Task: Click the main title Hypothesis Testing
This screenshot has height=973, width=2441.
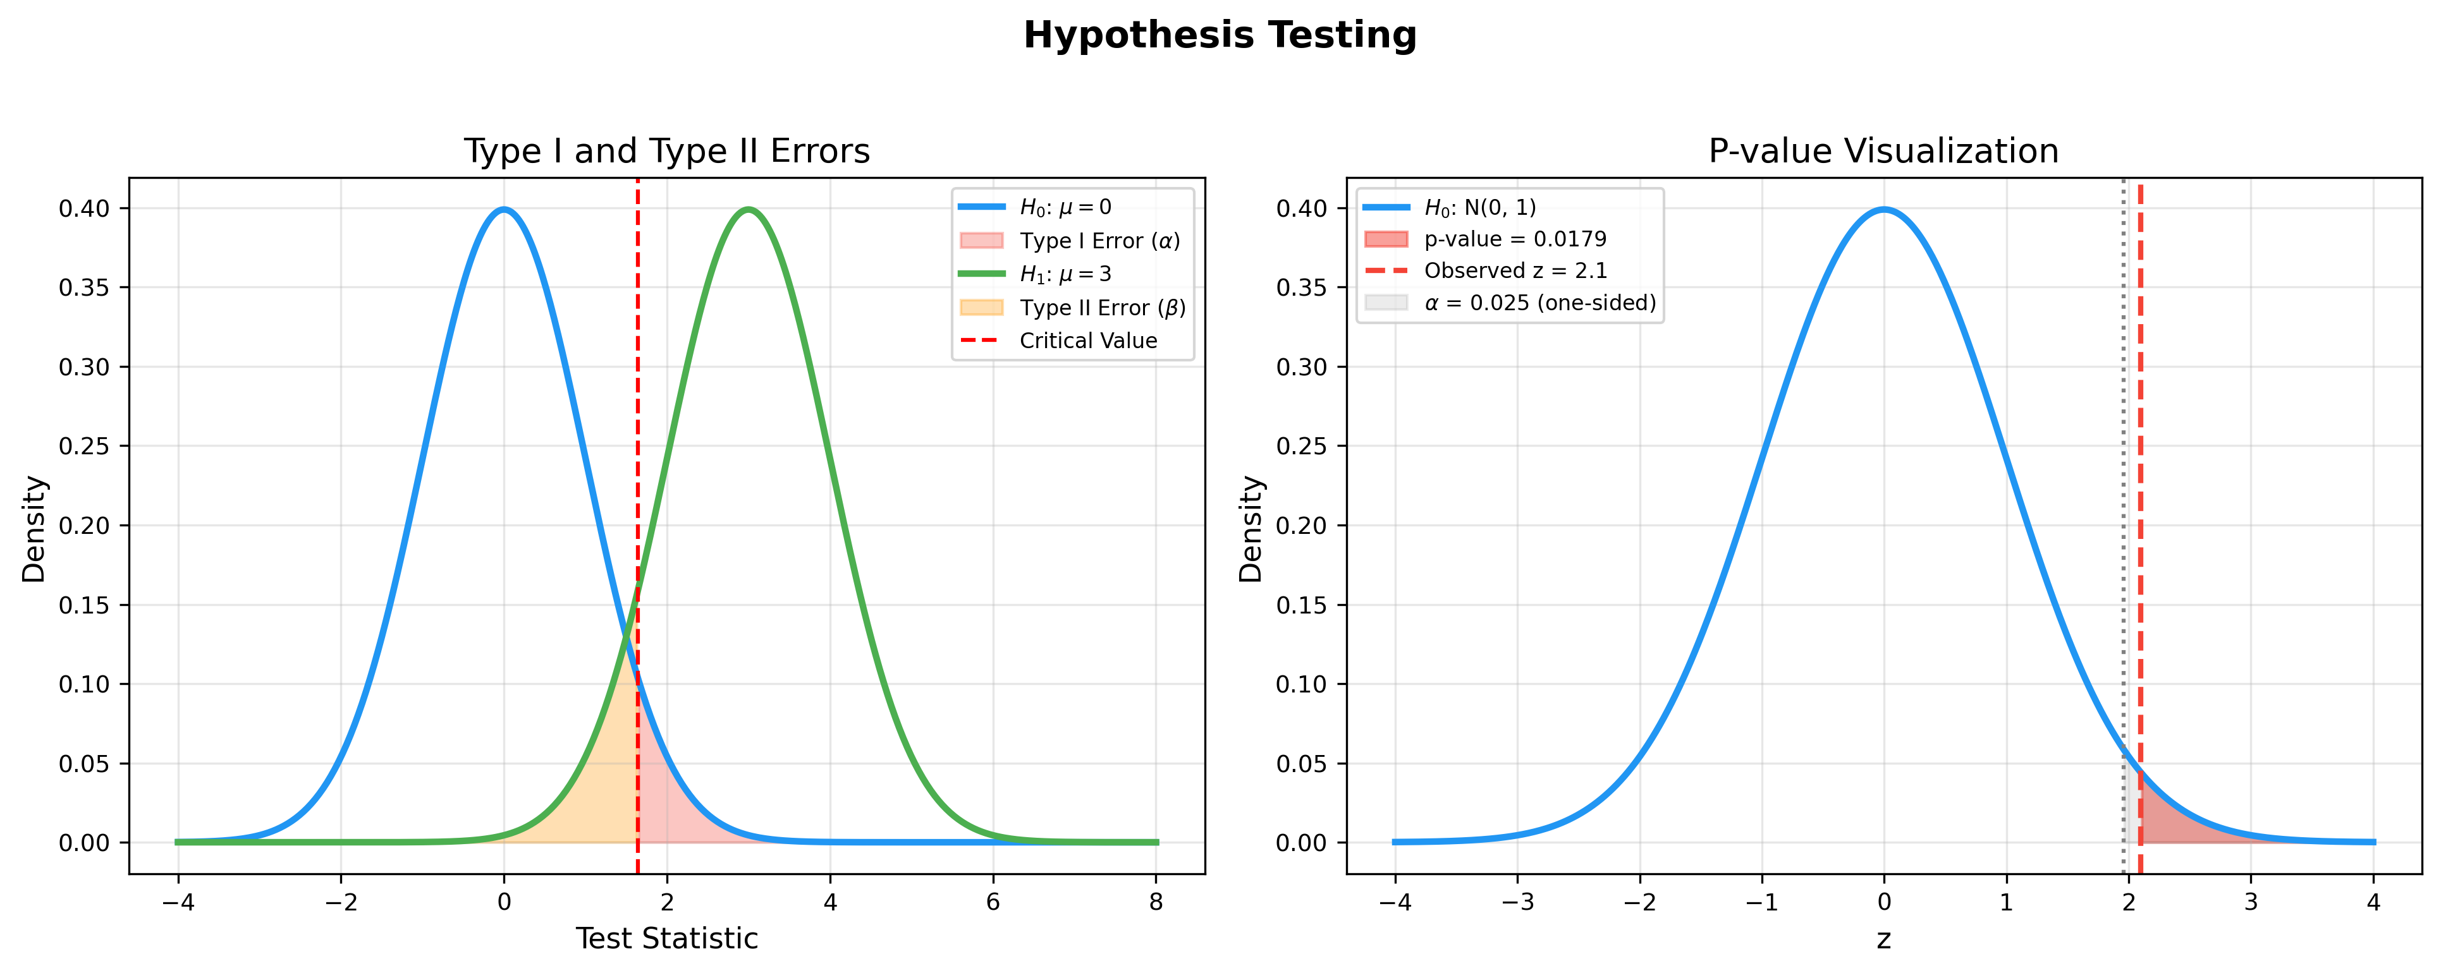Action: (1220, 36)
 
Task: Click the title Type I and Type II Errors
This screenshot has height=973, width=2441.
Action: (666, 152)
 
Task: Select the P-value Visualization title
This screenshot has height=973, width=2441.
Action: (1883, 152)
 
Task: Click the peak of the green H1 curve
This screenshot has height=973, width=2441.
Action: (749, 209)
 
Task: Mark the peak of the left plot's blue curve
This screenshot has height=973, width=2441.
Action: (504, 209)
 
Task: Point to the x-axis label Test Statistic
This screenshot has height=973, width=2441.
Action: (666, 939)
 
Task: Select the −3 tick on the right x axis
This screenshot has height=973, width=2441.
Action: (1517, 903)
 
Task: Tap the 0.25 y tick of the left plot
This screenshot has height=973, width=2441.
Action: (83, 446)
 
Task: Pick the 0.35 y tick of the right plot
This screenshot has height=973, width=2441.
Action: (1301, 288)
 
